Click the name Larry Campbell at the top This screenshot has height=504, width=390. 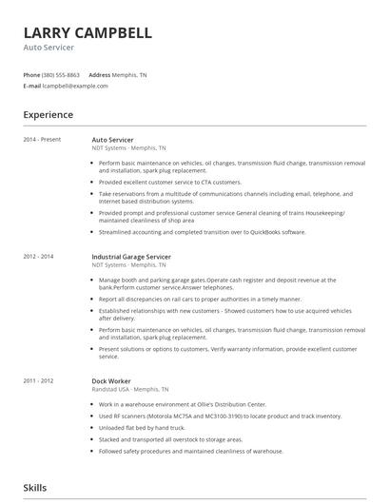pos(87,32)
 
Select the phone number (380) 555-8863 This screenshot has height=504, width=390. pos(61,75)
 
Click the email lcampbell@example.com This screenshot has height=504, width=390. pos(75,86)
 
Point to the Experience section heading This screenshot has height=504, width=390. pos(49,115)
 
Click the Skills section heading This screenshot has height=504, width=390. pos(35,488)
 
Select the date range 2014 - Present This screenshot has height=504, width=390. pos(42,140)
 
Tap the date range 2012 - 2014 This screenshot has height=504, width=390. pos(38,257)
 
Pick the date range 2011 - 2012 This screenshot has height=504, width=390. pos(38,354)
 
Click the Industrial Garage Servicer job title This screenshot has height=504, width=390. pos(131,257)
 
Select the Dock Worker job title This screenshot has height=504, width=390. pos(112,354)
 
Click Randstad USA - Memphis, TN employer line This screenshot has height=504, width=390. pos(129,362)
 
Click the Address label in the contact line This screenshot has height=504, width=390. pos(100,75)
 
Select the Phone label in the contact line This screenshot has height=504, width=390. pos(31,75)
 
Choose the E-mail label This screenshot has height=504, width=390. pos(32,86)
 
